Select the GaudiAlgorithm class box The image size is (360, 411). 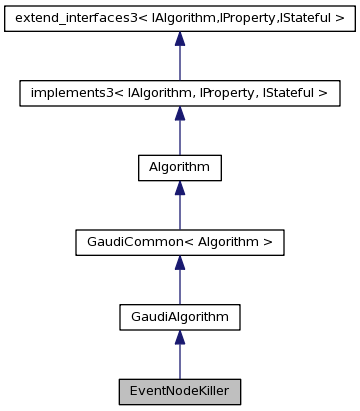point(179,317)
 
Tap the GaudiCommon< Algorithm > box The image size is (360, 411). point(179,242)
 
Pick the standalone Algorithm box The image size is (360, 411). point(179,168)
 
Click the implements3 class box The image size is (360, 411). point(179,93)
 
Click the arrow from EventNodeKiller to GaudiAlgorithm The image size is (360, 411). point(179,358)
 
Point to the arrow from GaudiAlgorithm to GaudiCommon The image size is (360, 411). point(179,284)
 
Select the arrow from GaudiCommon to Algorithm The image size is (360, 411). point(179,209)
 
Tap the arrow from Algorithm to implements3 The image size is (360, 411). point(179,135)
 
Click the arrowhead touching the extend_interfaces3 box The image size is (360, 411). point(179,38)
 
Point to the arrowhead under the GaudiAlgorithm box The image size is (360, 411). point(179,337)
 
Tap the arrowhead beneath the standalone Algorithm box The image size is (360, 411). point(179,188)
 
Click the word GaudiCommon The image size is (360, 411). point(124,242)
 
